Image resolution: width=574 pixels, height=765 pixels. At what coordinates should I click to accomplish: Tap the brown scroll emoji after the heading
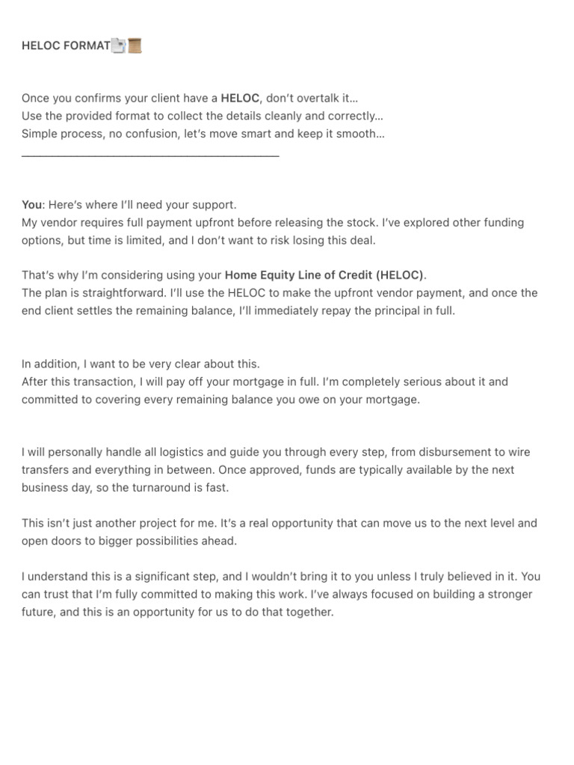point(135,46)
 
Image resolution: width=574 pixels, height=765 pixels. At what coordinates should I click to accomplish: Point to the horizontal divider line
point(150,155)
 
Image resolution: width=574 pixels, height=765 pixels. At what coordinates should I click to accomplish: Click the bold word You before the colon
point(32,205)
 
